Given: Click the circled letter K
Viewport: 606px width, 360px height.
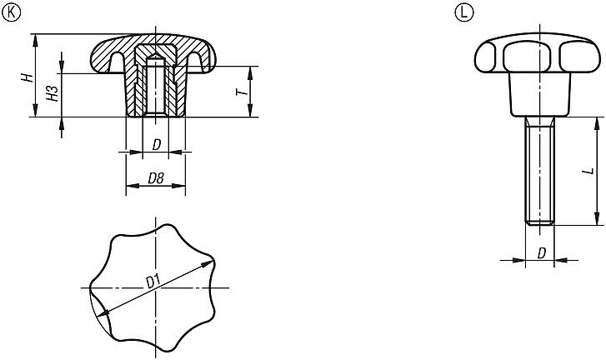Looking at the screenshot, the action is [11, 12].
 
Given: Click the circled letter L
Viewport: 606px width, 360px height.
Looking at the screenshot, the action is [463, 12].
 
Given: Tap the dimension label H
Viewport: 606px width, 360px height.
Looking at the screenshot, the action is [28, 77].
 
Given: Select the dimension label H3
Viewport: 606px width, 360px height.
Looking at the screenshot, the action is [53, 93].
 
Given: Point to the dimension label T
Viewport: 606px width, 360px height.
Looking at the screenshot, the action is [242, 92].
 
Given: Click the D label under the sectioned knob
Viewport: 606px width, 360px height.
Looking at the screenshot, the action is [156, 145].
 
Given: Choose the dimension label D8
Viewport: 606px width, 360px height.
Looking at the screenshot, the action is [156, 178].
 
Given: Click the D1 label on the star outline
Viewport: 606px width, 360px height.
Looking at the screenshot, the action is [153, 282].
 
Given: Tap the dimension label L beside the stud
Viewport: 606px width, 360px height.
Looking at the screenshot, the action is [589, 170].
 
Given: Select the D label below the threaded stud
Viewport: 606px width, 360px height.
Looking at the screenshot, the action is [542, 253].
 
